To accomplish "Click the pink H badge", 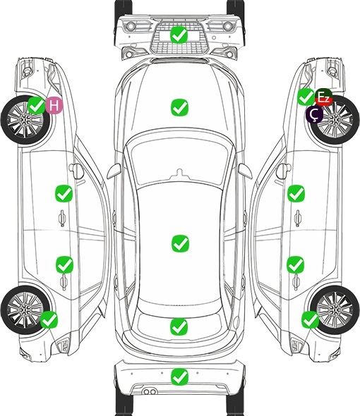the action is click(x=54, y=105).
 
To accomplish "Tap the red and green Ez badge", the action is click(x=323, y=97).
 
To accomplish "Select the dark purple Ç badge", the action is click(x=314, y=114).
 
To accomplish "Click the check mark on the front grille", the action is click(x=179, y=35).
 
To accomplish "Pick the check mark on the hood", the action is click(x=179, y=107).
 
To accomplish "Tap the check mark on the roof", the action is click(x=180, y=243).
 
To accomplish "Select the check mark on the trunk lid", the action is click(x=179, y=327).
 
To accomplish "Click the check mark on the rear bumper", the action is click(x=180, y=377).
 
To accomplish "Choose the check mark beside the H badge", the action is click(x=37, y=105).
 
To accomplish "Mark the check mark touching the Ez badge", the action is click(x=306, y=97).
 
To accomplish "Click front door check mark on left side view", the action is click(x=64, y=194).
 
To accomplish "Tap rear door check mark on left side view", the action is click(x=64, y=265).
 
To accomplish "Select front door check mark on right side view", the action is click(x=296, y=194).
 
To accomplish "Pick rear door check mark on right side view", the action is click(x=296, y=265).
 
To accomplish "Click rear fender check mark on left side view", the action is click(x=49, y=319).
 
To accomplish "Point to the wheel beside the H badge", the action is click(x=25, y=120).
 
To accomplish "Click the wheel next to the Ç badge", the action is click(x=335, y=120).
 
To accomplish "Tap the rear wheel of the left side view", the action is click(x=25, y=310).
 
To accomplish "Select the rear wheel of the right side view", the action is click(x=335, y=310).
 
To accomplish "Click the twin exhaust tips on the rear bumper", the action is click(x=150, y=392).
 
